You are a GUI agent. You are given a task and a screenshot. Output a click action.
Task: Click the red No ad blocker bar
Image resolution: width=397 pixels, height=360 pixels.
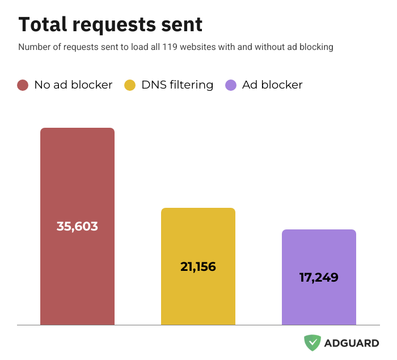click(x=77, y=170)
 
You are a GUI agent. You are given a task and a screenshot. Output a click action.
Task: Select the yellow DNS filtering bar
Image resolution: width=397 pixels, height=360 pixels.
click(x=198, y=238)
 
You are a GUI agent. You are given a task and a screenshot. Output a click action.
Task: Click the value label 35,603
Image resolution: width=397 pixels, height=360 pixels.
click(x=77, y=226)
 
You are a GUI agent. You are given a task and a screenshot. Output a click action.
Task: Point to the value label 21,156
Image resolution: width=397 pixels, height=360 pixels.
click(x=198, y=266)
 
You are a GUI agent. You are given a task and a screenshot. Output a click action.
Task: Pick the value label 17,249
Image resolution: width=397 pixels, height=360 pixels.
click(x=319, y=278)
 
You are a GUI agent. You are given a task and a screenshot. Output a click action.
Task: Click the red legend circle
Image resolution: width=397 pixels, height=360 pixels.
click(x=23, y=85)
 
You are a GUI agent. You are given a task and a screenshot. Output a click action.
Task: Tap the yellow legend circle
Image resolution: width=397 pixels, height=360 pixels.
click(x=130, y=85)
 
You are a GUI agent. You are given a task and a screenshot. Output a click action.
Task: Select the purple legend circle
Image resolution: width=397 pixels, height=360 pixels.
click(x=231, y=85)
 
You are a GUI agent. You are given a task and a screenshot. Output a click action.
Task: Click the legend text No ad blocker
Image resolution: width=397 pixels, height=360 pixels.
click(x=73, y=85)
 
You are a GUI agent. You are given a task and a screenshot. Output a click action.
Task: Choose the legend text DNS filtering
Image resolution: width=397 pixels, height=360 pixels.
click(x=177, y=85)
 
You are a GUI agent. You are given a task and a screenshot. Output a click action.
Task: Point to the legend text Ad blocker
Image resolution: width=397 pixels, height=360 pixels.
click(x=272, y=85)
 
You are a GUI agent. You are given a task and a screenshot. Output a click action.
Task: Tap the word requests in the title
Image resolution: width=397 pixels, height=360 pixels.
click(x=113, y=26)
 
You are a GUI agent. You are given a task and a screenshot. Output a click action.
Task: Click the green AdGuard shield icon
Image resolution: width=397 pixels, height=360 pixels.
click(x=312, y=342)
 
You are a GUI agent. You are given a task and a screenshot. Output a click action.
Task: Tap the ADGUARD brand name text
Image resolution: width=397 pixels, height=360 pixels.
click(x=352, y=343)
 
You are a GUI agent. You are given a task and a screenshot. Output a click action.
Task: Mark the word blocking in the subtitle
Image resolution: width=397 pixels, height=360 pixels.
click(x=316, y=47)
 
